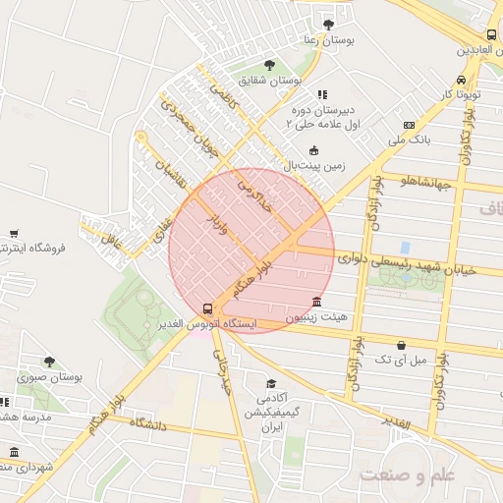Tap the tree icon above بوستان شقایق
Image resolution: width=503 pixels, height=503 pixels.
(269, 66)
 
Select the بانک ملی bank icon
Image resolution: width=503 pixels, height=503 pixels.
(410, 125)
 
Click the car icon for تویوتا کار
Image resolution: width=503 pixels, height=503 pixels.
(461, 80)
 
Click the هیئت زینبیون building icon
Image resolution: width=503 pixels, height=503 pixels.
(315, 302)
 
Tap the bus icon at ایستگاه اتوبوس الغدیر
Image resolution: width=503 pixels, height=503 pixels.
(206, 307)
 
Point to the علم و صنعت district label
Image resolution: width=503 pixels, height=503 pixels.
(408, 476)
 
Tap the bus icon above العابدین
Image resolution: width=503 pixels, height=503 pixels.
(491, 34)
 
